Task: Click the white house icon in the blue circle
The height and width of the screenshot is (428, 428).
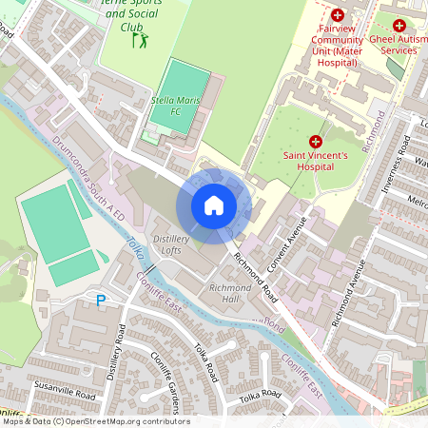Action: pos(214,205)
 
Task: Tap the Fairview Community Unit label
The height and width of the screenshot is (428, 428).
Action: pos(337,47)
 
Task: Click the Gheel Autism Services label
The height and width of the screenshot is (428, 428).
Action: pos(399,43)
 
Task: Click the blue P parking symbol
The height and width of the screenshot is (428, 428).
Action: pos(100,301)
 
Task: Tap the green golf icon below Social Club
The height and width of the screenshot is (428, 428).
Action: pos(143,42)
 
